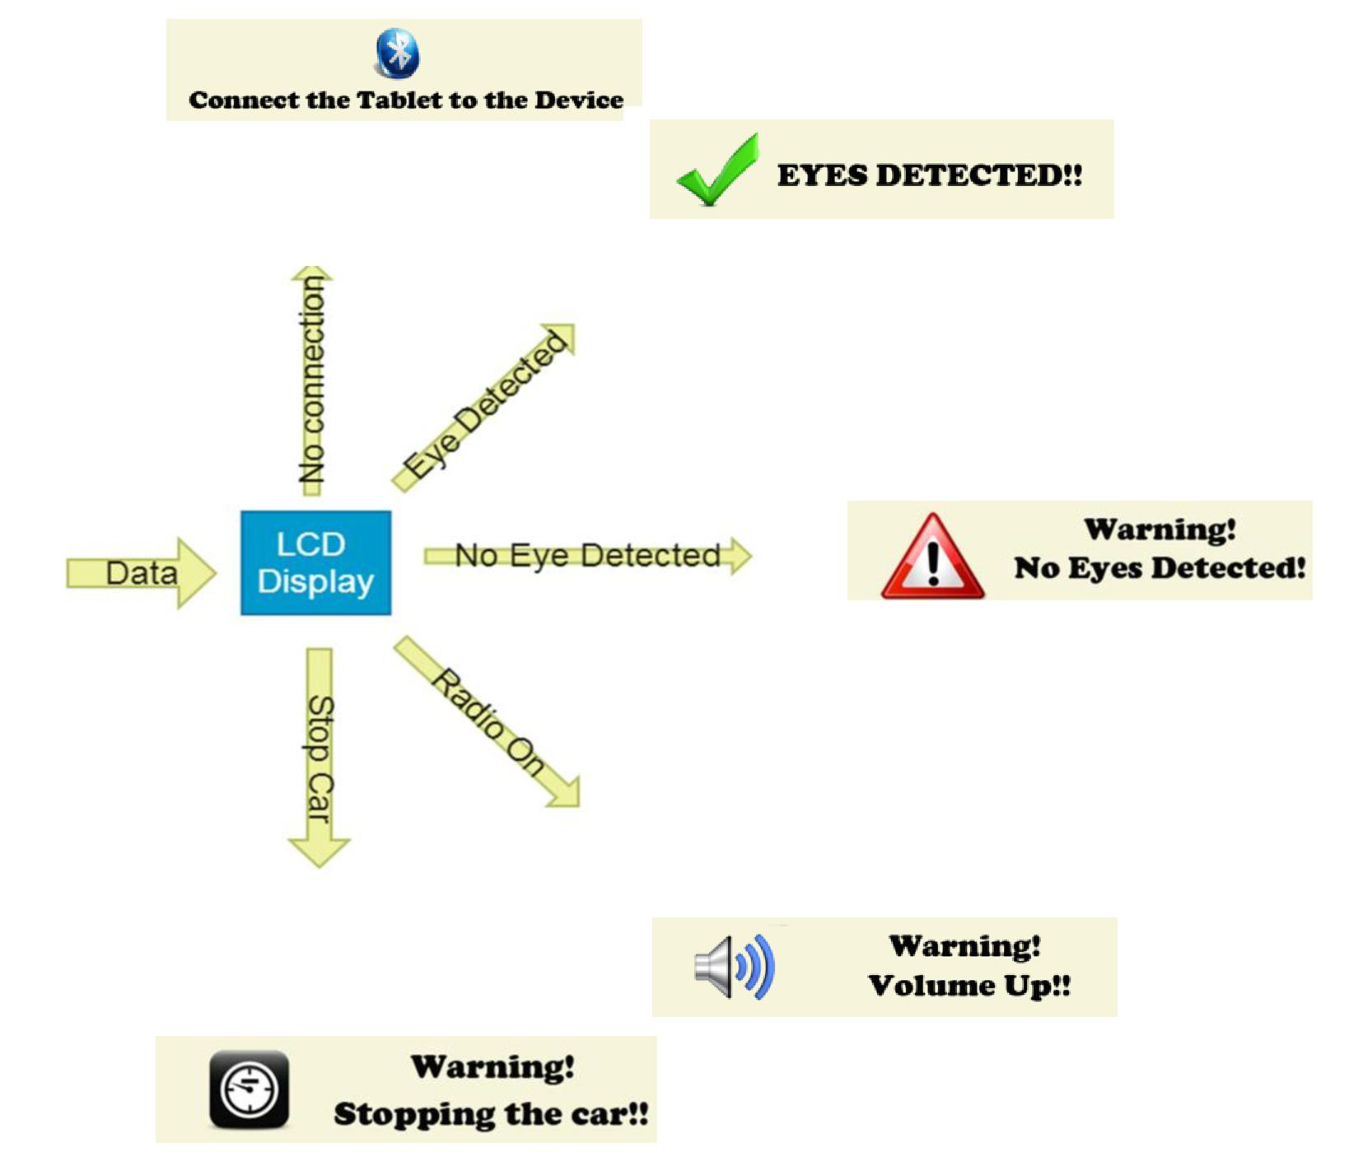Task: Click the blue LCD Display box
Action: [x=315, y=562]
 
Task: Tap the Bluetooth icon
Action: [x=398, y=54]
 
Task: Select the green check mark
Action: [x=717, y=170]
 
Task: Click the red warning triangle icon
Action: [x=932, y=557]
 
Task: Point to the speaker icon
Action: [x=734, y=967]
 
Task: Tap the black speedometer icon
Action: [x=249, y=1089]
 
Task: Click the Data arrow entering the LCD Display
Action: [x=141, y=573]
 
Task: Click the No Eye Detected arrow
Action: [x=587, y=556]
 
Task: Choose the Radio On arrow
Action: [x=488, y=722]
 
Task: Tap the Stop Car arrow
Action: [x=319, y=758]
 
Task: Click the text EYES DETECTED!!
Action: [x=929, y=175]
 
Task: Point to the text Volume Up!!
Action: [x=969, y=986]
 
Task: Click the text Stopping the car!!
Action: [x=491, y=1114]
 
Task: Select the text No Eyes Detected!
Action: [x=1160, y=568]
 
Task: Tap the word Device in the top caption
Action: [x=579, y=100]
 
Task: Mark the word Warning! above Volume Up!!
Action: [x=965, y=946]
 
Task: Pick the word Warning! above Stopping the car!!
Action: [x=492, y=1067]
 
